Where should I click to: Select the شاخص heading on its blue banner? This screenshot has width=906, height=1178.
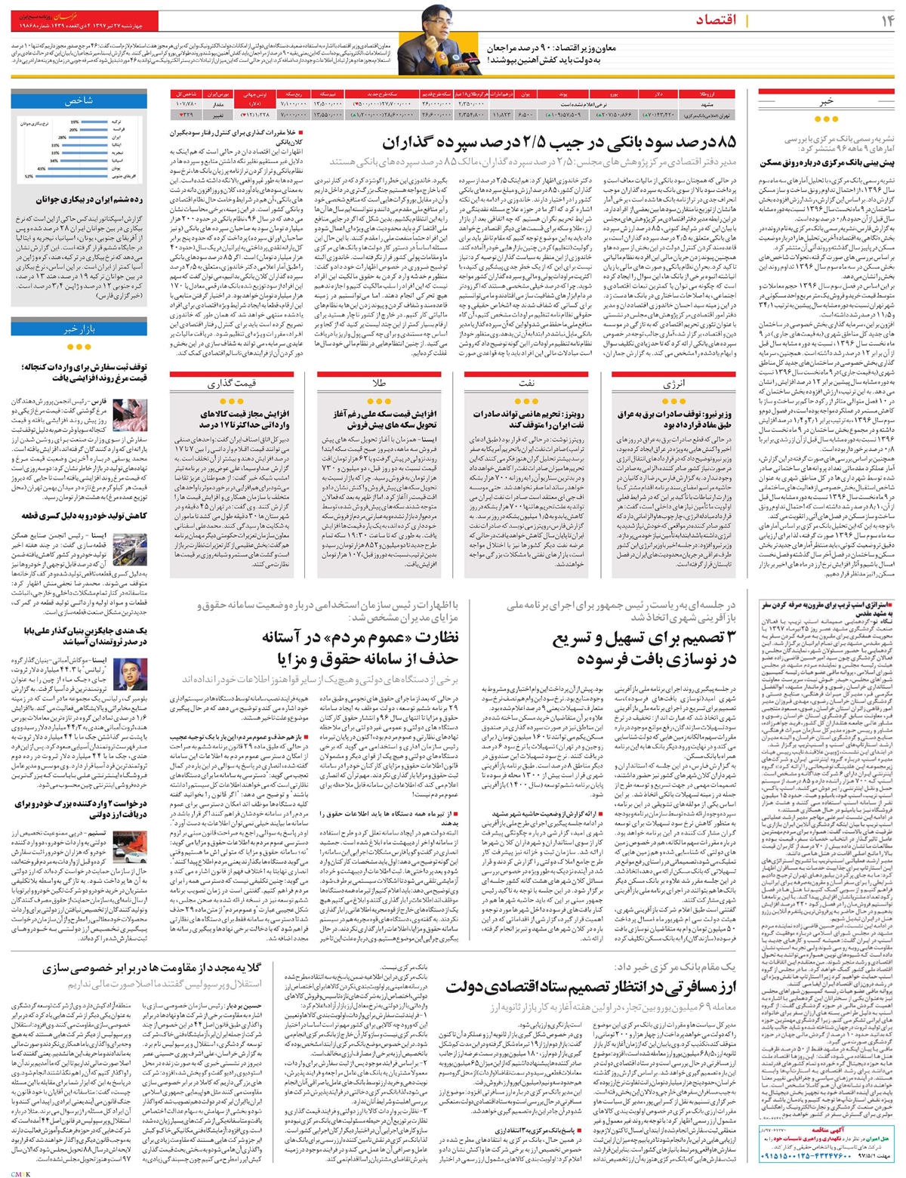coord(79,100)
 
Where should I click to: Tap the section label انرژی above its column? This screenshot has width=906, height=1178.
coord(673,384)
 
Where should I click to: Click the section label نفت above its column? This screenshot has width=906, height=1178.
coord(526,384)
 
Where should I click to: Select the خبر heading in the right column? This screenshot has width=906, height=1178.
coord(827,100)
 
